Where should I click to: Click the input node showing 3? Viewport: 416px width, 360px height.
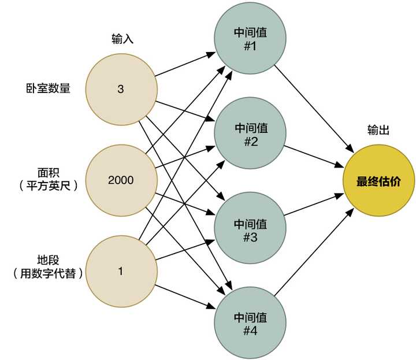[121, 90]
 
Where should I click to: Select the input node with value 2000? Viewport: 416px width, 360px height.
[121, 180]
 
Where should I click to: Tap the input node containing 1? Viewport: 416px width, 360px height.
[121, 270]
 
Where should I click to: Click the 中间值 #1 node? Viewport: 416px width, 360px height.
[250, 38]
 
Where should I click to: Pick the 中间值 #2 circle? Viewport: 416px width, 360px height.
[250, 134]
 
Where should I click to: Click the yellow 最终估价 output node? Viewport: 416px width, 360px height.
[378, 181]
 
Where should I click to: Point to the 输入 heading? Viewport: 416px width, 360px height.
[122, 39]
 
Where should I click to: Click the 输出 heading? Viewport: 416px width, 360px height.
[378, 131]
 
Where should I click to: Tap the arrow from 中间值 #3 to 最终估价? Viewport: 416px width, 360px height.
[315, 206]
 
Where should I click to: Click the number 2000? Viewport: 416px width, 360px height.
[121, 180]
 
